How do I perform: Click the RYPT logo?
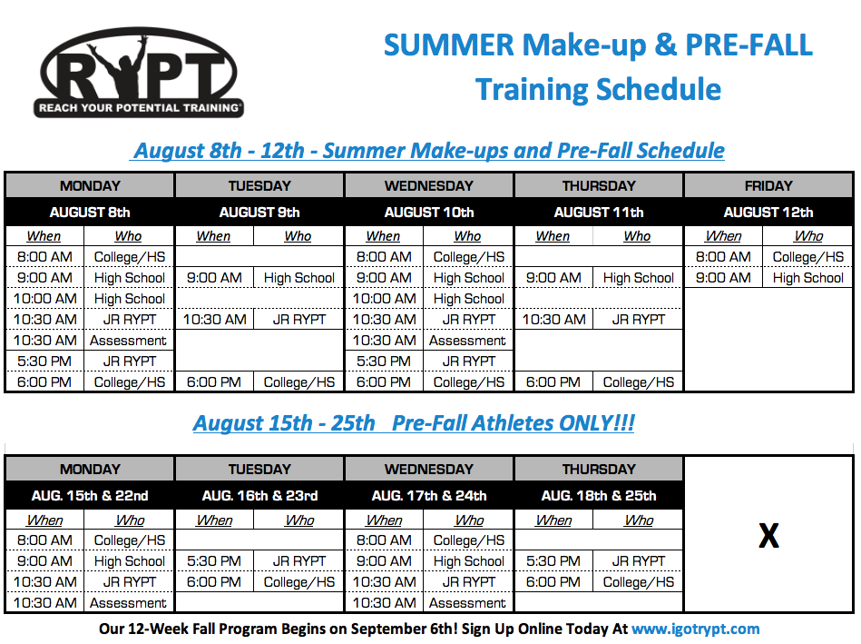(x=139, y=72)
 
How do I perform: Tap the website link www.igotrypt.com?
(x=695, y=629)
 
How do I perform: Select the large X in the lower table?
(x=768, y=535)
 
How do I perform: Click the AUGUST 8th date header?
(x=90, y=213)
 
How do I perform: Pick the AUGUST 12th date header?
(x=768, y=213)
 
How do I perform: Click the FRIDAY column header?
(x=768, y=186)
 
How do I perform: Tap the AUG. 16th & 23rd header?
(x=259, y=496)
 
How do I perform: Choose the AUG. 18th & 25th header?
(x=599, y=496)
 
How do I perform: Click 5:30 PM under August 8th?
(x=44, y=362)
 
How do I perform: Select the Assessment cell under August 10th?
(x=467, y=341)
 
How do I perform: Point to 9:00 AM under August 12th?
(x=723, y=278)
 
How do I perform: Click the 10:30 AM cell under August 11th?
(x=553, y=320)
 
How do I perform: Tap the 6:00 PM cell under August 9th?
(x=214, y=382)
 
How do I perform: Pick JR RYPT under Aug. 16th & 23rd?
(x=299, y=561)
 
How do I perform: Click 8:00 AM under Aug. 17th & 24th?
(x=384, y=540)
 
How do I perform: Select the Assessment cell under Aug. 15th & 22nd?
(x=128, y=603)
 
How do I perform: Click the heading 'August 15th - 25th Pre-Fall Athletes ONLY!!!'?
(x=414, y=423)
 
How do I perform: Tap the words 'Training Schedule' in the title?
(x=598, y=89)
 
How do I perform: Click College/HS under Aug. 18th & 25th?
(x=639, y=582)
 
